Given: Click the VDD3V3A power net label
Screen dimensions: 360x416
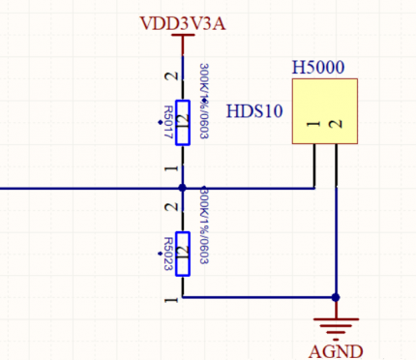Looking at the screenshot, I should pyautogui.click(x=183, y=22).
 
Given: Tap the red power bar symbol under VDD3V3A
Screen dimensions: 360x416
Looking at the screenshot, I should pyautogui.click(x=182, y=39).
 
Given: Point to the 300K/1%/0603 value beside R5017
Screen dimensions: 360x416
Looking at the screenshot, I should pyautogui.click(x=203, y=103).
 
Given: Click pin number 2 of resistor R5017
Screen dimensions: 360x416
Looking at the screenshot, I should pyautogui.click(x=171, y=76).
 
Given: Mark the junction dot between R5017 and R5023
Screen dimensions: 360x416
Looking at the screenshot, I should pyautogui.click(x=182, y=187).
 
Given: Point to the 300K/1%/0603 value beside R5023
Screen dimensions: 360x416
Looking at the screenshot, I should pyautogui.click(x=203, y=227).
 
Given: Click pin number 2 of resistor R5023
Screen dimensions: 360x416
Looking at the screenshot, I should pyautogui.click(x=171, y=206).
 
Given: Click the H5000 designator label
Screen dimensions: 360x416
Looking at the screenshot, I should pyautogui.click(x=318, y=69).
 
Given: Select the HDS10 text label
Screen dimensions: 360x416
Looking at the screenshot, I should pyautogui.click(x=253, y=111).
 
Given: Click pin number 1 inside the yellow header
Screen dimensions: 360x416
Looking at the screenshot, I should pyautogui.click(x=313, y=124).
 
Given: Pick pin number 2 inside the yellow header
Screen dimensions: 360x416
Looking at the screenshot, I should pyautogui.click(x=335, y=124).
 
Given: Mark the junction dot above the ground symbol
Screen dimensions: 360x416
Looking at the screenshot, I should pyautogui.click(x=335, y=297).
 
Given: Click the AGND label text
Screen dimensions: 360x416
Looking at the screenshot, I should pyautogui.click(x=334, y=350).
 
